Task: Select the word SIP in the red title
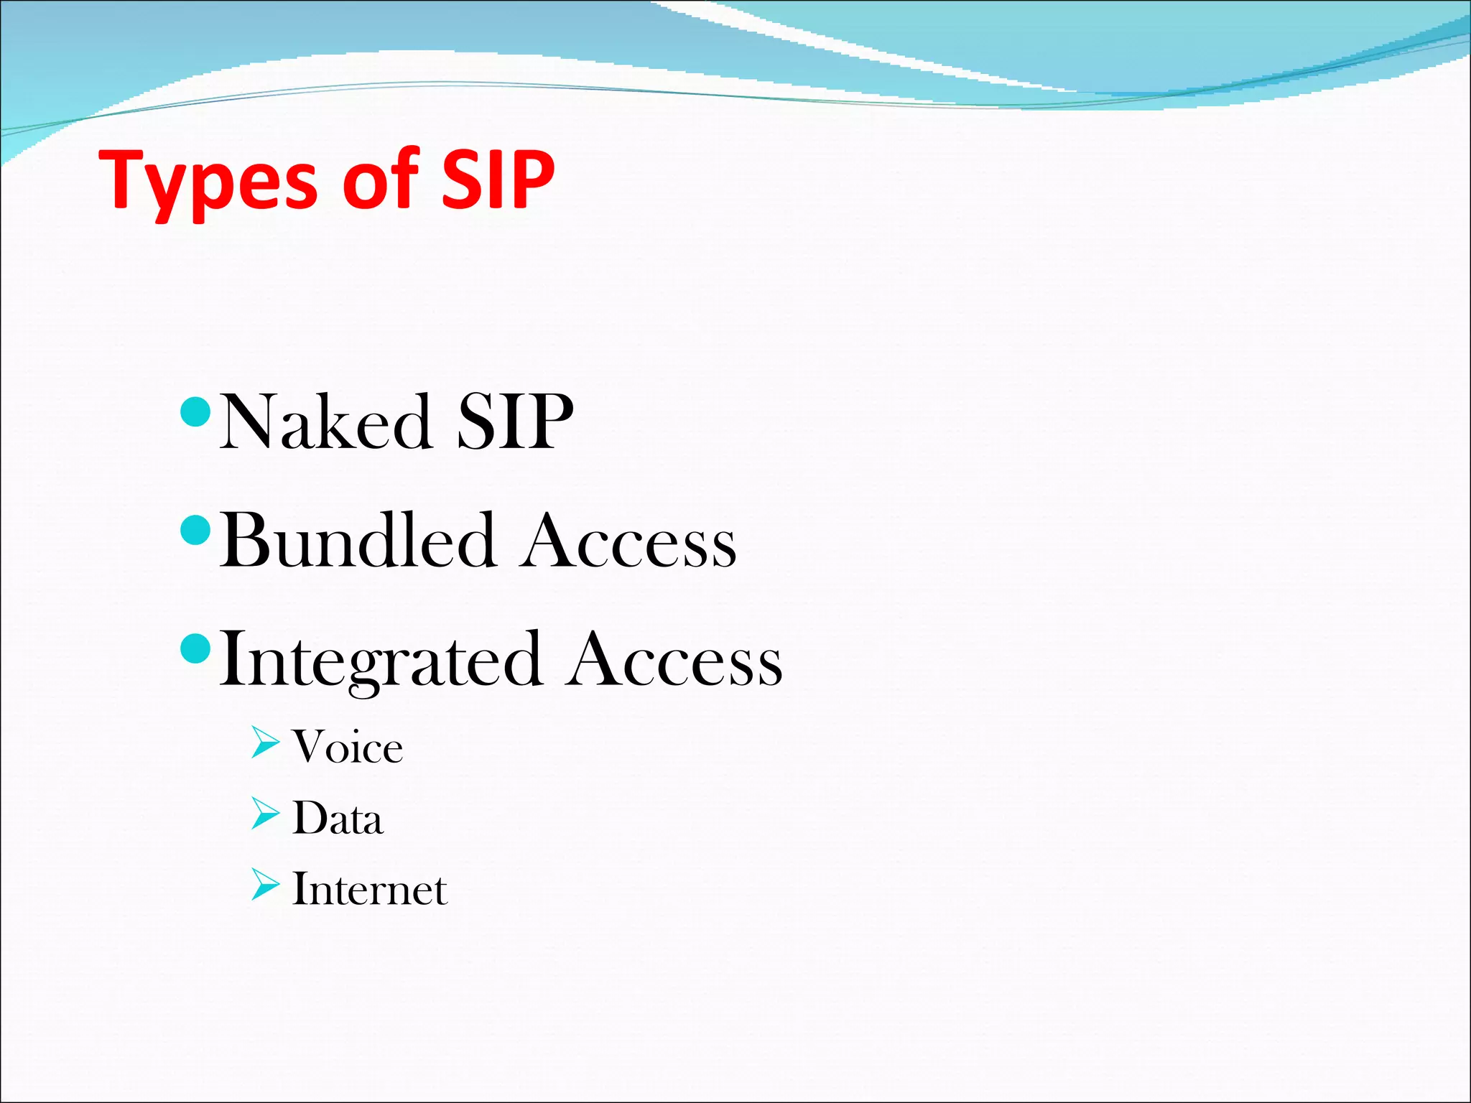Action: click(x=497, y=180)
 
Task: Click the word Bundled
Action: click(x=357, y=541)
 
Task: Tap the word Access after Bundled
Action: click(x=628, y=543)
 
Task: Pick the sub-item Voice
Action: click(x=348, y=748)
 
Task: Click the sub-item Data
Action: click(x=338, y=819)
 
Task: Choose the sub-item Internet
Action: click(x=370, y=890)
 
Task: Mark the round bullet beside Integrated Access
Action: click(x=196, y=649)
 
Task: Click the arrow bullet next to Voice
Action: click(x=265, y=743)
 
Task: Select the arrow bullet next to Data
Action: click(x=265, y=814)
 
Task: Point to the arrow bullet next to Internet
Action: click(x=265, y=885)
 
